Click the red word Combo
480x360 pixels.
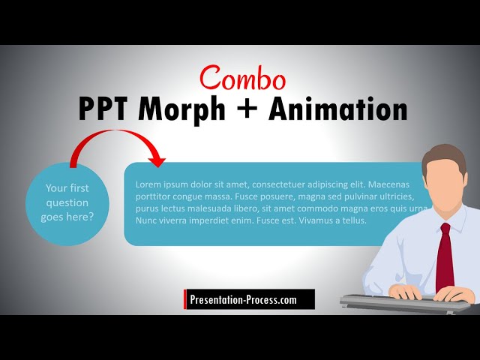(x=242, y=78)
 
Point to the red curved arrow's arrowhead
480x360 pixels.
(x=157, y=159)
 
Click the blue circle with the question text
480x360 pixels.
(x=67, y=202)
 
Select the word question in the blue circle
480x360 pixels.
(x=67, y=202)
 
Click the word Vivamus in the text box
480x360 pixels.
(x=319, y=220)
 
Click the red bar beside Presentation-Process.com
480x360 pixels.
(x=185, y=300)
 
